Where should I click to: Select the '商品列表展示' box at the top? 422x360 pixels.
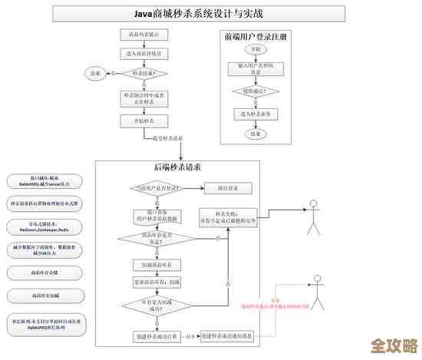pyautogui.click(x=144, y=35)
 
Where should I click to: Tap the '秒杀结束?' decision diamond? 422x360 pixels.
pyautogui.click(x=144, y=74)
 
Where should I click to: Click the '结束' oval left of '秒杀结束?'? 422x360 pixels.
pyautogui.click(x=96, y=74)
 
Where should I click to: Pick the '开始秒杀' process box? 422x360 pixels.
pyautogui.click(x=144, y=121)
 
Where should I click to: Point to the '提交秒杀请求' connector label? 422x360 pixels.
pyautogui.click(x=167, y=138)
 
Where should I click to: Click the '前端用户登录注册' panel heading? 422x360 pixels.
pyautogui.click(x=256, y=36)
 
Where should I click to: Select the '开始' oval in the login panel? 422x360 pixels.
pyautogui.click(x=256, y=49)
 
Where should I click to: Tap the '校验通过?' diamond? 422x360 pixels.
pyautogui.click(x=256, y=91)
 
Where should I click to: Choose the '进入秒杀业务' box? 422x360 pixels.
pyautogui.click(x=256, y=113)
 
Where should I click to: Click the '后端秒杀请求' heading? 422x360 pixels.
pyautogui.click(x=177, y=167)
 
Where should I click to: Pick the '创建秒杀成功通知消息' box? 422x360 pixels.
pyautogui.click(x=229, y=336)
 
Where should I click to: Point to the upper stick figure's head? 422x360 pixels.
pyautogui.click(x=313, y=206)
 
